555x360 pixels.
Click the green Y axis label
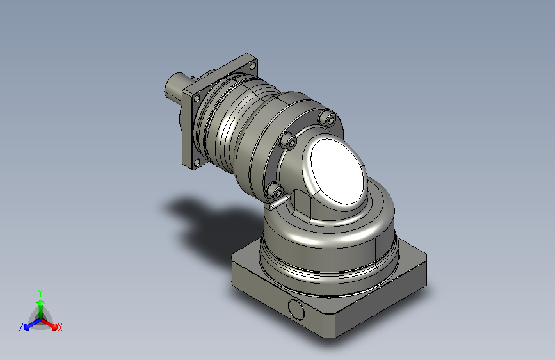click(x=40, y=293)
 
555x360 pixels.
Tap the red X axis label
click(x=60, y=327)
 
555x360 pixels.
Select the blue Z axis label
click(x=21, y=327)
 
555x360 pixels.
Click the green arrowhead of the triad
click(x=41, y=302)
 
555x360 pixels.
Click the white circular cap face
click(x=337, y=172)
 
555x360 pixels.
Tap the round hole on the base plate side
click(x=296, y=309)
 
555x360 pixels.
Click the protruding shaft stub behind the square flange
click(x=175, y=86)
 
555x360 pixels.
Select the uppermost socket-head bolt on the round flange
click(x=327, y=119)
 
